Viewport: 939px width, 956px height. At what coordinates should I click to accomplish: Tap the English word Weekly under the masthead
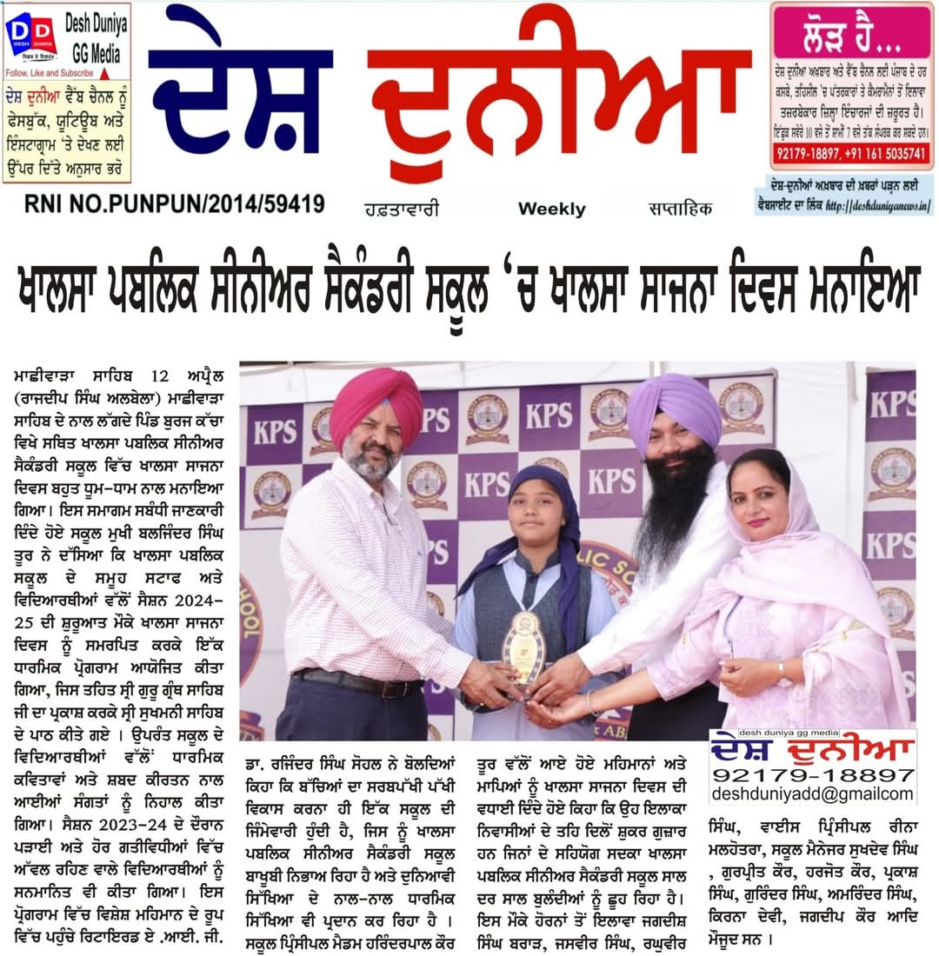[551, 209]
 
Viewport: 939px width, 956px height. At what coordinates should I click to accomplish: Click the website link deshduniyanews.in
[877, 206]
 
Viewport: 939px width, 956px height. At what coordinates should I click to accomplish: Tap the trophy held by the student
[525, 647]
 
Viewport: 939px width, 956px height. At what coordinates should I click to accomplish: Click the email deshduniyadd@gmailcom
[812, 793]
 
